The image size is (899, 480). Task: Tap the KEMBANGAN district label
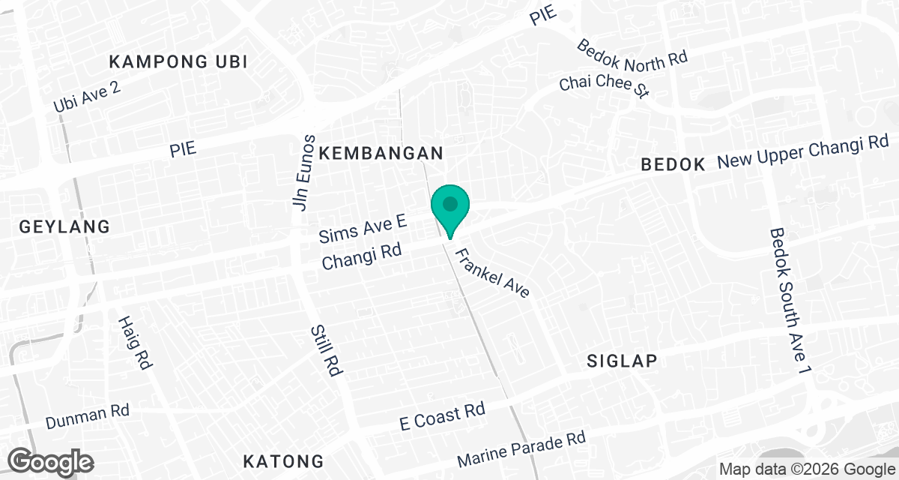tap(381, 154)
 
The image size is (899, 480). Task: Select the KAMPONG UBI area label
tap(178, 61)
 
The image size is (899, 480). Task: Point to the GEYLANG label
tap(64, 226)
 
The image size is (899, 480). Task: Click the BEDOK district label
tap(674, 165)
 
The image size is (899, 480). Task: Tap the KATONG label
tap(284, 460)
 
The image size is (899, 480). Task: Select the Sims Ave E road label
tap(363, 228)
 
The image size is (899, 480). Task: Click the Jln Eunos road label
tap(303, 172)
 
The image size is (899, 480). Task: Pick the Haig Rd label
tap(135, 342)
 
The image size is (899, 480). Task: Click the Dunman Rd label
tap(88, 416)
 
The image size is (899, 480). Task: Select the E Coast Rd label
tap(442, 416)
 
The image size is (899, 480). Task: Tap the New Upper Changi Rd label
tap(802, 152)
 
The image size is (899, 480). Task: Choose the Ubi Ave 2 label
tap(87, 97)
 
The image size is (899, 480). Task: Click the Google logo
tap(51, 461)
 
